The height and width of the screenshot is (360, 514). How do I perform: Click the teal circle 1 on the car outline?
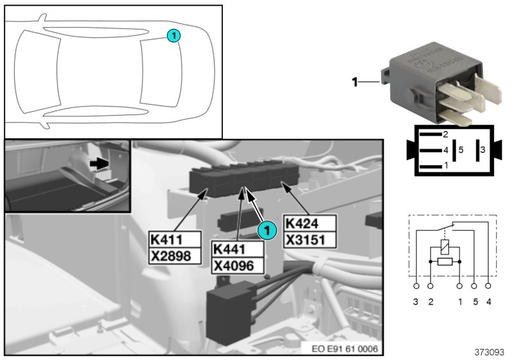173,36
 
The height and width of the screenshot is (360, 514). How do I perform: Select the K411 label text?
166,239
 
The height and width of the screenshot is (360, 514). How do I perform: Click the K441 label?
229,248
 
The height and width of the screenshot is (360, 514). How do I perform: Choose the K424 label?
301,224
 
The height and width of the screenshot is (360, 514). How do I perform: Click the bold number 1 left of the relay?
354,82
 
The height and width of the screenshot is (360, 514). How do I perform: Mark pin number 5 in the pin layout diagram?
461,150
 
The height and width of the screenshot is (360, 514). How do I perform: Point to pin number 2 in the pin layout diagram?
444,134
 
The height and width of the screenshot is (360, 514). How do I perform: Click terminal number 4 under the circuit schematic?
489,301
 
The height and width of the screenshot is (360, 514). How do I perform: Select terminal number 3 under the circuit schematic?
416,301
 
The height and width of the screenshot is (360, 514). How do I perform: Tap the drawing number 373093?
490,352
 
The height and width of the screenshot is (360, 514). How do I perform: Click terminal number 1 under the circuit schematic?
459,301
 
